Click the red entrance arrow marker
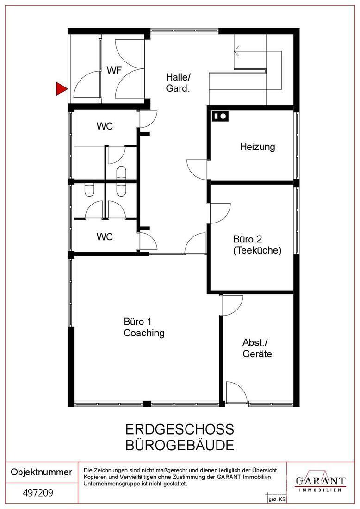[x=62, y=89]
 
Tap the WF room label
[x=114, y=70]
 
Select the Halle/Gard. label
[x=178, y=83]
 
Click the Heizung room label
[x=257, y=147]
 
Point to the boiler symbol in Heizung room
[x=220, y=116]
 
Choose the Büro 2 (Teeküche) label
[x=257, y=245]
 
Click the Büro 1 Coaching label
[x=144, y=327]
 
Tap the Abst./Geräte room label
[x=257, y=348]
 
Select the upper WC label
[x=105, y=126]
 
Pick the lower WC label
[x=105, y=236]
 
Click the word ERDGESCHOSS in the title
[x=180, y=429]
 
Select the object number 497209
[x=38, y=493]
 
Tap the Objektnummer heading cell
[x=42, y=472]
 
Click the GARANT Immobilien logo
[x=320, y=482]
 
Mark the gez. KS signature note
[x=277, y=500]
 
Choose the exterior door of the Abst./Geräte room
[x=236, y=392]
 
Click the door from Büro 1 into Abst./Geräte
[x=232, y=305]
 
